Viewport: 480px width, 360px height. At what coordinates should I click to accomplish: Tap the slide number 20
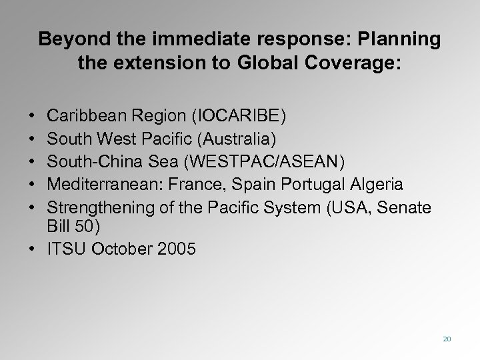coord(447,339)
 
